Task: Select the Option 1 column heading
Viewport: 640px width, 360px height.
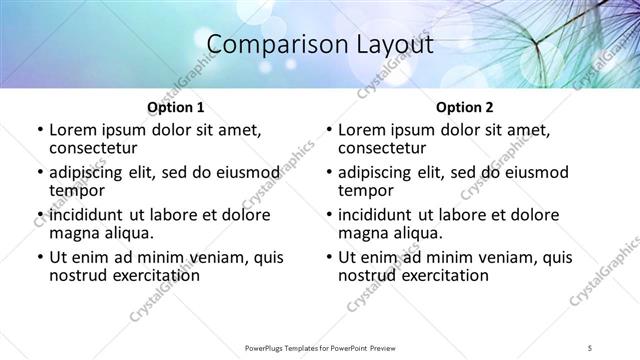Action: (x=176, y=107)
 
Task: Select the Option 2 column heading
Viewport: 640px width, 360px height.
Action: (x=464, y=107)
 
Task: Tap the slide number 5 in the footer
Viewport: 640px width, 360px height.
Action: (x=591, y=348)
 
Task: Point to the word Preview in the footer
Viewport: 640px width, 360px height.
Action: (x=393, y=348)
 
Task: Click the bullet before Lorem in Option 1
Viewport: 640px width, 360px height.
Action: (x=39, y=130)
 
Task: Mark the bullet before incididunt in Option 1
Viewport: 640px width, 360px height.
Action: (x=39, y=216)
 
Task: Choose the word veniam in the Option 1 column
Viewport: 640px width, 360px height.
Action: (x=198, y=258)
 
